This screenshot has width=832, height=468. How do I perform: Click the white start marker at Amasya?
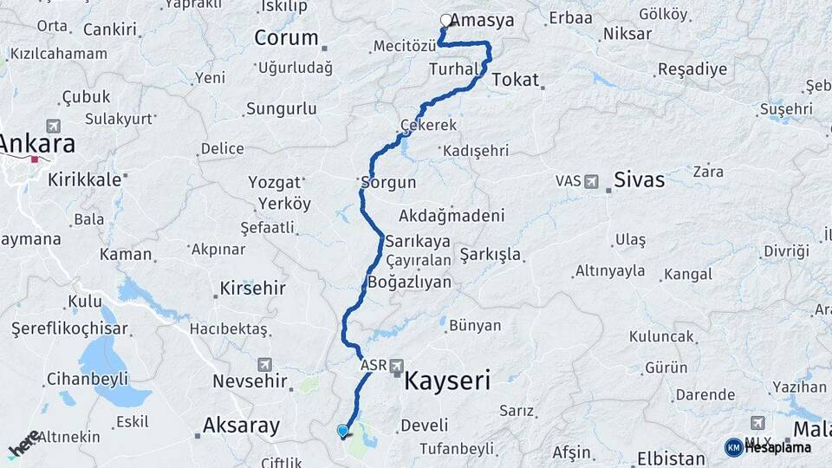pyautogui.click(x=446, y=20)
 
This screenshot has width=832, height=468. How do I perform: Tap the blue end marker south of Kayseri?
pyautogui.click(x=343, y=431)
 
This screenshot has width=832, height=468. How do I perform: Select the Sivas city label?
pyautogui.click(x=639, y=180)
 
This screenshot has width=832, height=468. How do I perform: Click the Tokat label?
pyautogui.click(x=516, y=80)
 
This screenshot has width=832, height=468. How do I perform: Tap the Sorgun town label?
pyautogui.click(x=389, y=183)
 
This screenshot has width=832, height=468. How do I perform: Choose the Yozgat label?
pyautogui.click(x=274, y=183)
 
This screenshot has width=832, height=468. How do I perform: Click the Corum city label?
pyautogui.click(x=287, y=38)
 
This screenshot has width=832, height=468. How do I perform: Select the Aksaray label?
pyautogui.click(x=241, y=426)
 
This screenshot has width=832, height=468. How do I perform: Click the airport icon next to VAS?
pyautogui.click(x=592, y=181)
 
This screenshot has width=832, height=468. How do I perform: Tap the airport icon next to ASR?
pyautogui.click(x=397, y=365)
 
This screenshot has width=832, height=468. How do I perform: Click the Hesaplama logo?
pyautogui.click(x=768, y=447)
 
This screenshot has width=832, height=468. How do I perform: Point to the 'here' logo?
pyautogui.click(x=23, y=444)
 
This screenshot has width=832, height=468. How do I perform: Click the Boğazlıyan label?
pyautogui.click(x=410, y=283)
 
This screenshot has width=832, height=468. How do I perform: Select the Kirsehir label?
pyautogui.click(x=252, y=287)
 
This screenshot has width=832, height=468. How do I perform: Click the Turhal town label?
pyautogui.click(x=454, y=69)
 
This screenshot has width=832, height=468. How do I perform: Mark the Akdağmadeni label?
pyautogui.click(x=452, y=215)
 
